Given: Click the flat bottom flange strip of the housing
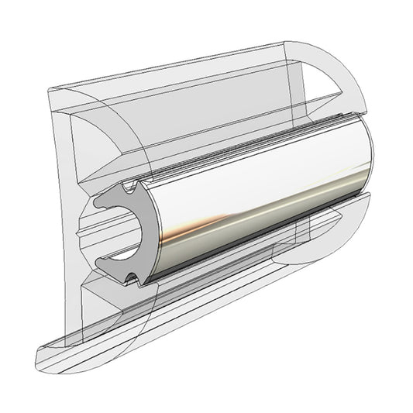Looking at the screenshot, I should click(x=155, y=341).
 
